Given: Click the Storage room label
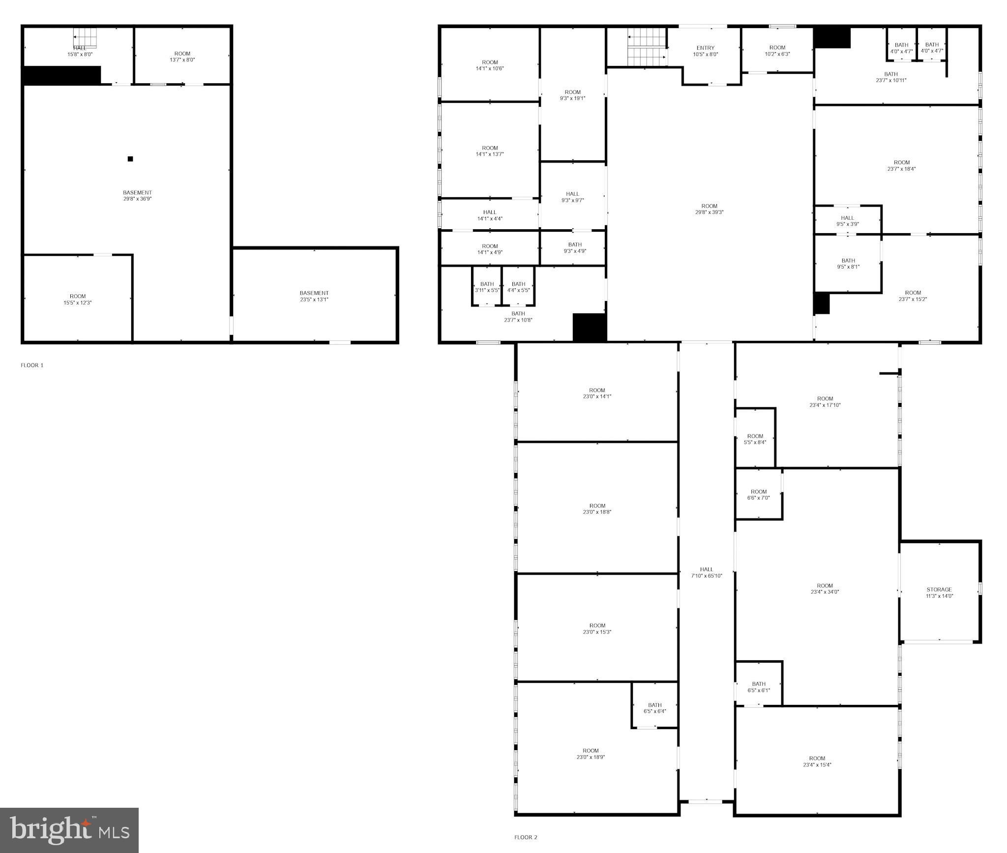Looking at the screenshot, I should point(939,592).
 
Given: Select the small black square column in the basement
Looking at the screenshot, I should point(130,159).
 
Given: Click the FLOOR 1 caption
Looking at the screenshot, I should point(32,365).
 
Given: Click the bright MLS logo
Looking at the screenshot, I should point(69,830).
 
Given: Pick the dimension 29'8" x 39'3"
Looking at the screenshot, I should point(709,212).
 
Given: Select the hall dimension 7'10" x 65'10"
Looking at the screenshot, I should point(707,576).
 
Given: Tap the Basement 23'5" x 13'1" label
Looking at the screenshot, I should point(314,296).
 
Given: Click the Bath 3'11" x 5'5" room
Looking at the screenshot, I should point(487,287).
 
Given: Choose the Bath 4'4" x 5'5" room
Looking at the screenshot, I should point(518,287).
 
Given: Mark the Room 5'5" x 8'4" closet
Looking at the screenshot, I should point(755,439).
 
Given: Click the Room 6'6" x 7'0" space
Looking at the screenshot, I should point(758,494).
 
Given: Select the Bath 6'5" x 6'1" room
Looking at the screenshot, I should point(758,687).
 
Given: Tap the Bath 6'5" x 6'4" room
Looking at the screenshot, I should point(654,708).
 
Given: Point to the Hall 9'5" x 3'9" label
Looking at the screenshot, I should point(847,221).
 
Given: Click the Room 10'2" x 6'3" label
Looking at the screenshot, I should point(777,51).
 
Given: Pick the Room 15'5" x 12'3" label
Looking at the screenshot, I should point(78,299).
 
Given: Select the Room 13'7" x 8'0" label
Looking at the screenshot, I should point(182,57).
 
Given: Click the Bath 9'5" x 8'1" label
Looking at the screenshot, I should point(848,264).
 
